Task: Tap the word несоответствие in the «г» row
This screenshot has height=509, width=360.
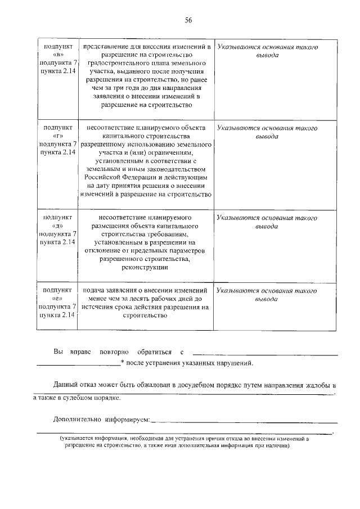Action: tap(107, 128)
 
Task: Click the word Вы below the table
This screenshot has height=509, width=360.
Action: tap(58, 352)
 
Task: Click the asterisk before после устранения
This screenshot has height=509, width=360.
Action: tap(122, 363)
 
